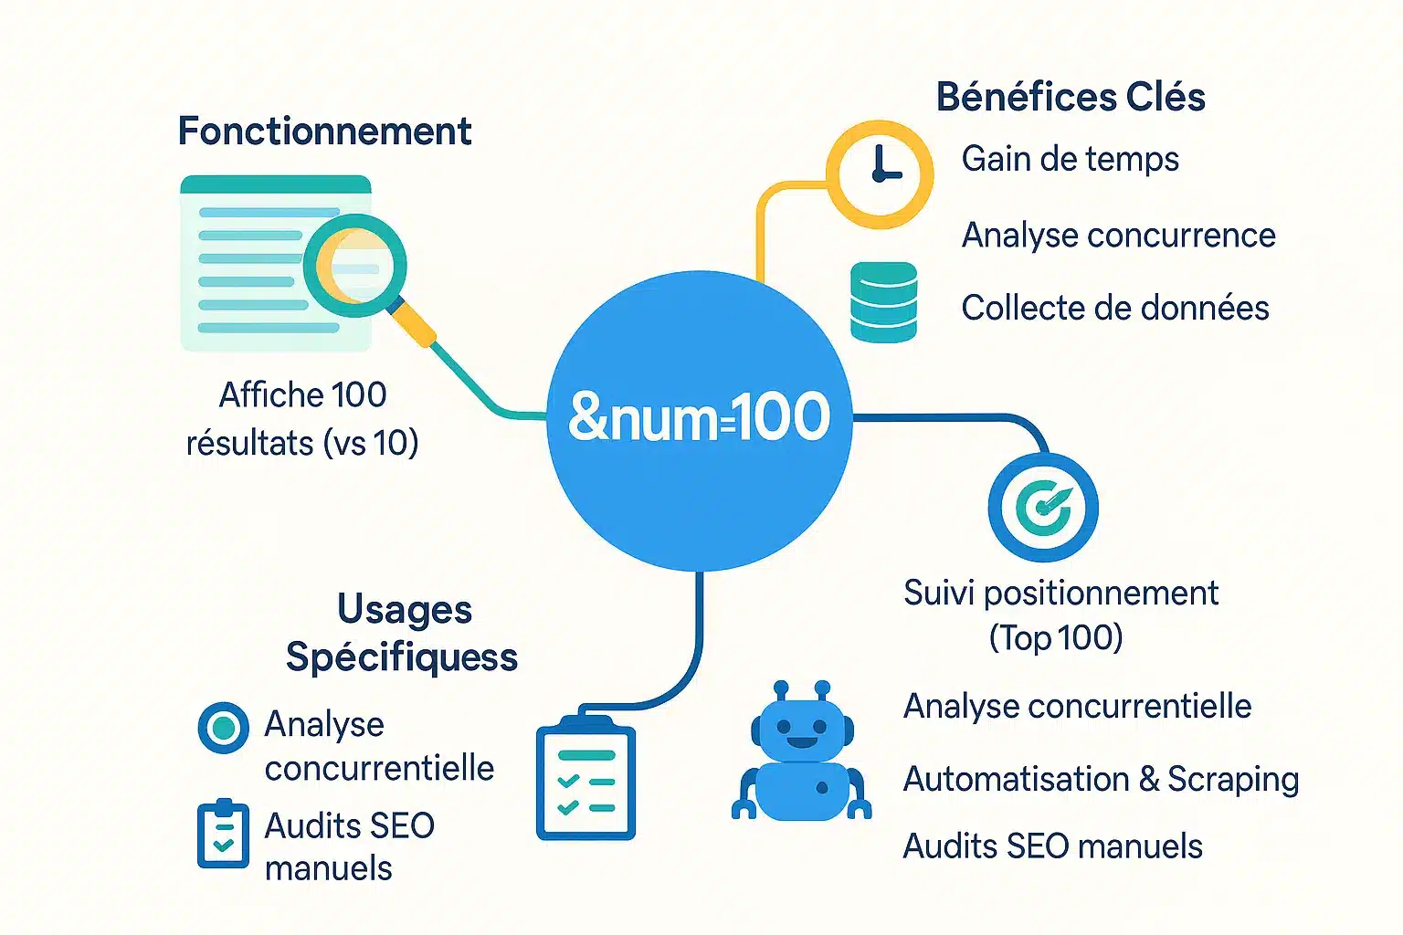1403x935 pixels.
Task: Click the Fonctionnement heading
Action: [x=324, y=131]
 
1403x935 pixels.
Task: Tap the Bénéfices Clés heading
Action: [x=1071, y=97]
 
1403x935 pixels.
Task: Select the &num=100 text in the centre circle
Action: [x=699, y=417]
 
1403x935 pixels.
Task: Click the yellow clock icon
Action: [x=880, y=173]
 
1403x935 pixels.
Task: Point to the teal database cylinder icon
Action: [x=883, y=302]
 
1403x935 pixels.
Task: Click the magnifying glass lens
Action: [x=354, y=265]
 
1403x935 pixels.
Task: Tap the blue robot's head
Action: [x=802, y=727]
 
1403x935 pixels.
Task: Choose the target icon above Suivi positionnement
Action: [x=1043, y=507]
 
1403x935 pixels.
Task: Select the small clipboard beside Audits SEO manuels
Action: [x=223, y=834]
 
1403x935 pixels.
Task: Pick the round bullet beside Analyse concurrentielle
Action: [x=223, y=728]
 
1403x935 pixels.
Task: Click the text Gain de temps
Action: [x=1070, y=160]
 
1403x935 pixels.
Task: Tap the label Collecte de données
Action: [x=1114, y=309]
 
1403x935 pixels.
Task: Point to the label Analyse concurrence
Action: [x=1118, y=236]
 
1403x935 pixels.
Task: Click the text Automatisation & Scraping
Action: [x=1101, y=780]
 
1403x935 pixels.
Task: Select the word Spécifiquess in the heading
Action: [x=402, y=657]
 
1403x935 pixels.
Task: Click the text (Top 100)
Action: [x=1055, y=637]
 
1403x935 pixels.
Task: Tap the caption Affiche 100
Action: [x=302, y=395]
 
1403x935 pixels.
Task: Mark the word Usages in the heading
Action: [x=405, y=610]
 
